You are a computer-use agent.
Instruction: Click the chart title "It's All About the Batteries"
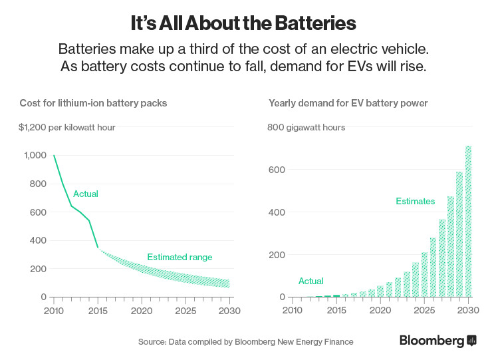coord(243,23)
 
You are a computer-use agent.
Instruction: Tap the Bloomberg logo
coord(437,341)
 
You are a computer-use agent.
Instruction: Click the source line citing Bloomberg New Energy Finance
coord(245,341)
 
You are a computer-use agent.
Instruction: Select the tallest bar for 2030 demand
coord(468,221)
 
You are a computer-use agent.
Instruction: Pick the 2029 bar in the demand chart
coord(459,234)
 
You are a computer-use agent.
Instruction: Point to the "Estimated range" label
coord(179,257)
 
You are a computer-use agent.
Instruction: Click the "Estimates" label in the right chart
coord(415,201)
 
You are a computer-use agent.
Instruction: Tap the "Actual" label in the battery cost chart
coord(86,194)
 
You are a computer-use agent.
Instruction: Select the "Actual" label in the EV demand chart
coord(311,281)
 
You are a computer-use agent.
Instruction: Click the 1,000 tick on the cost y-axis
coord(35,156)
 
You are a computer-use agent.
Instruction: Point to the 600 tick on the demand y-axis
coord(277,170)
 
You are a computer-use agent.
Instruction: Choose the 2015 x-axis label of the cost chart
coord(98,310)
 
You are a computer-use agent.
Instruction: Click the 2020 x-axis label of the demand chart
coord(380,310)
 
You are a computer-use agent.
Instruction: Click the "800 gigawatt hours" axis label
coord(306,127)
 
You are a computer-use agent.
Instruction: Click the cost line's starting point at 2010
coord(55,156)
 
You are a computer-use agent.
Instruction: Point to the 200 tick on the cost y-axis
coord(38,269)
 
